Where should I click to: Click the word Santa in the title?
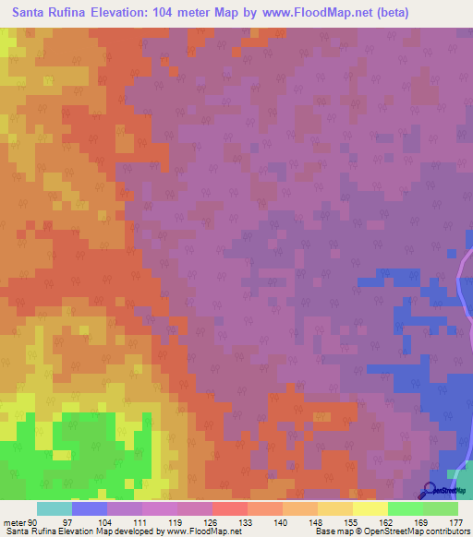tap(32, 14)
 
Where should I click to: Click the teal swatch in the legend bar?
tap(55, 508)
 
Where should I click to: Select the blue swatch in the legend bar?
tap(90, 508)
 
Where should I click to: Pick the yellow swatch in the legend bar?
tap(370, 508)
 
